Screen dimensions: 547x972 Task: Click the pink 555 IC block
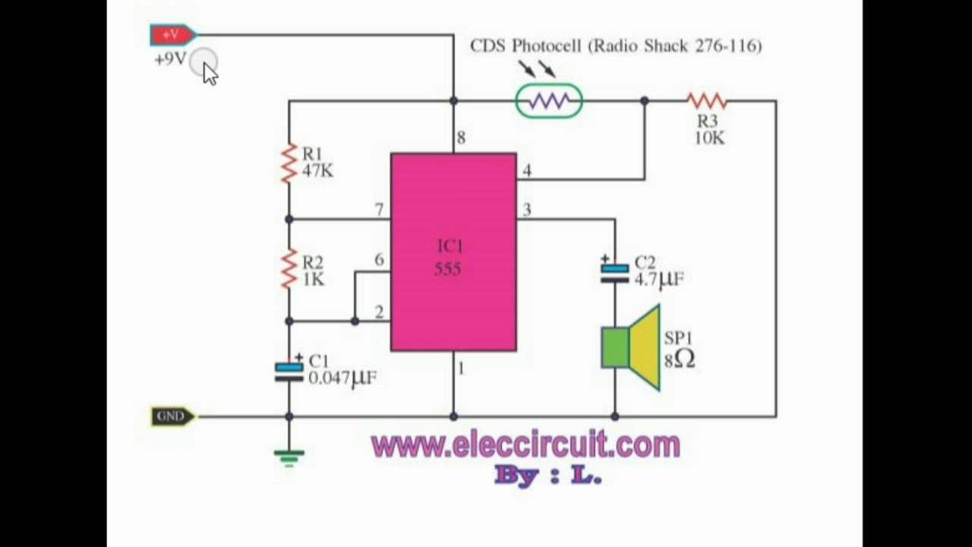[453, 252]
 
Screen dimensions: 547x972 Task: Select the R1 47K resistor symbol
[289, 163]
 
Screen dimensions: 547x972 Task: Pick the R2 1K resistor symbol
[289, 270]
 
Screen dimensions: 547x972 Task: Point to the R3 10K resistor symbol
[706, 100]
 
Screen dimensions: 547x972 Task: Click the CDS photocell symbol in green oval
[549, 101]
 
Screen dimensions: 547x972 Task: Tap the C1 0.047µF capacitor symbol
[289, 372]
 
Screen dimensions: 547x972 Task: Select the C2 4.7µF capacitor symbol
[614, 273]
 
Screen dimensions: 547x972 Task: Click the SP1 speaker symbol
[631, 348]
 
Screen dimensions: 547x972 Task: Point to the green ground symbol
[289, 457]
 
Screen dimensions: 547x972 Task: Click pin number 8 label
[461, 138]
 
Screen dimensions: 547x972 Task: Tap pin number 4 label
[527, 170]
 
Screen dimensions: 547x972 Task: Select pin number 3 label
[527, 210]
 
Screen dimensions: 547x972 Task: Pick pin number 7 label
[379, 209]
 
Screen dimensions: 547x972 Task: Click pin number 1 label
[460, 368]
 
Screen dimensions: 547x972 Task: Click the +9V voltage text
[169, 59]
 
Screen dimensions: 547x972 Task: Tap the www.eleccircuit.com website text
[525, 445]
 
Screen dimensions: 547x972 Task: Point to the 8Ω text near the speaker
[679, 359]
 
